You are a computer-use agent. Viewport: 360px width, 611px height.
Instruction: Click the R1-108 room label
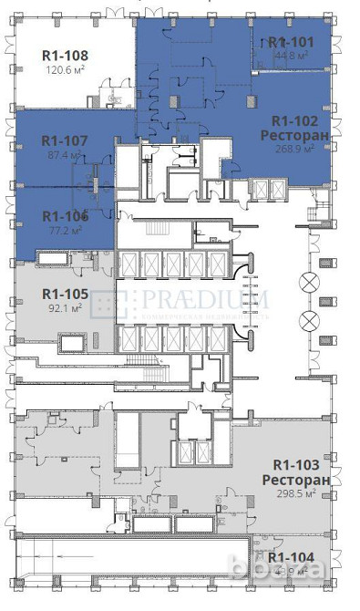[x=65, y=53]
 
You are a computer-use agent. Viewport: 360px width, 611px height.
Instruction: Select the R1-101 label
[x=291, y=42]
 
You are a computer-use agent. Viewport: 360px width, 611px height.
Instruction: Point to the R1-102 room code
[x=293, y=119]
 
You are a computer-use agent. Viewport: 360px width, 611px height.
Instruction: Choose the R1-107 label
[x=65, y=141]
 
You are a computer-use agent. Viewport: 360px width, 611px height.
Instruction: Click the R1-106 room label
[x=65, y=216]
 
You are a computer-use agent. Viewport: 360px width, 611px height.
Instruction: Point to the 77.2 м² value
[x=63, y=231]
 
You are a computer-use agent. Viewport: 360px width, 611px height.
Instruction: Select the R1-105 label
[x=65, y=294]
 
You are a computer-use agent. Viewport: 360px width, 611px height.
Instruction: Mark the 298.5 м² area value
[x=293, y=493]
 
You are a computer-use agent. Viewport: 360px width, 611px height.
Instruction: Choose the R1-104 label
[x=291, y=557]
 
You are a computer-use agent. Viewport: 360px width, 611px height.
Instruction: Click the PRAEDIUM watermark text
[x=204, y=298]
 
